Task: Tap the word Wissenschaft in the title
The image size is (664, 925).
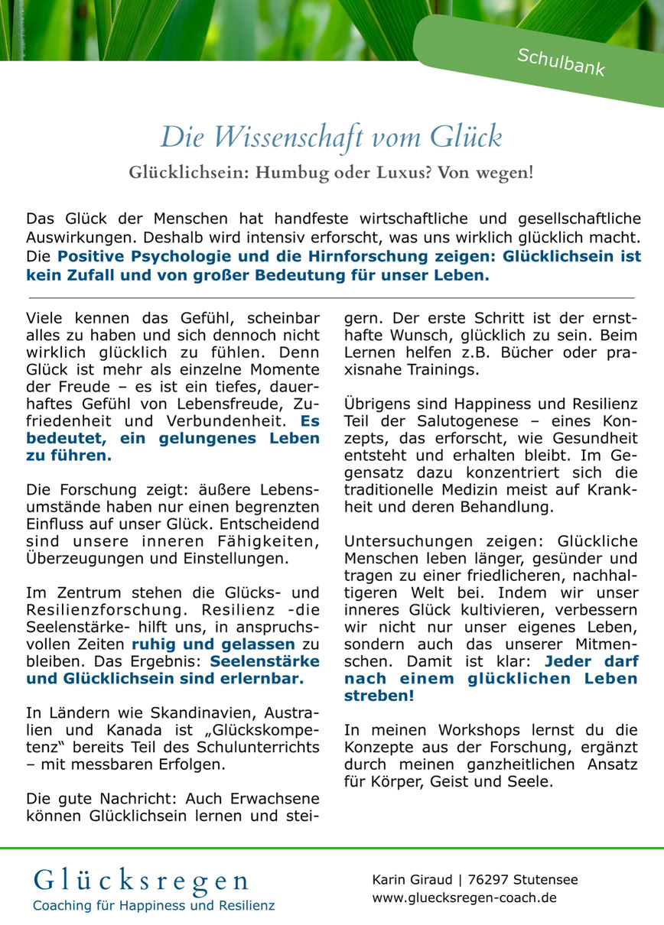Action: (278, 137)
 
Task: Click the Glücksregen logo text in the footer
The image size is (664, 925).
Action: (141, 880)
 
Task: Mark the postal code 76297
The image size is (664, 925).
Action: (490, 880)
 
